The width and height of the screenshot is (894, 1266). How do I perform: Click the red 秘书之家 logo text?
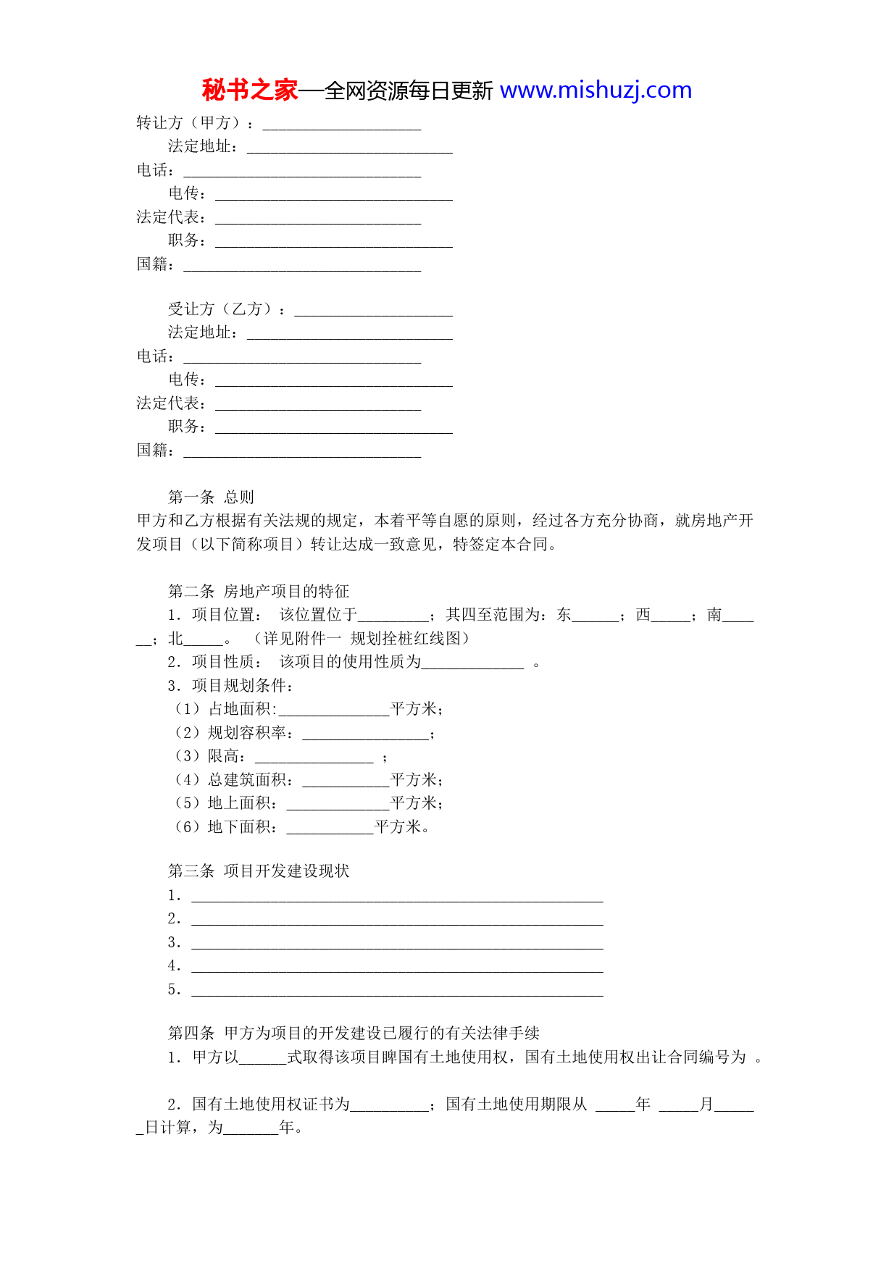point(249,91)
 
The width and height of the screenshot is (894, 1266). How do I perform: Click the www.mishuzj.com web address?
point(596,91)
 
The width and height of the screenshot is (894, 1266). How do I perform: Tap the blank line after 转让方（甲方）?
point(341,125)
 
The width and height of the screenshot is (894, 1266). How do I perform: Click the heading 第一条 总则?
point(211,497)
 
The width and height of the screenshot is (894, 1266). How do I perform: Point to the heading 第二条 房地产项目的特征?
point(259,591)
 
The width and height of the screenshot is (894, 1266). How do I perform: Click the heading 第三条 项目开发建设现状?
point(259,871)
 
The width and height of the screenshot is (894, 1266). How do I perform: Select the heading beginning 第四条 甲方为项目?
point(354,1033)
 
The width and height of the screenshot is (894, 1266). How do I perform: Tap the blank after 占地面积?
point(334,710)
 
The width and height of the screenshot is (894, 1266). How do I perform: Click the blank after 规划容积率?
point(365,734)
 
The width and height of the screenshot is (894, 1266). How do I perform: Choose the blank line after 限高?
point(314,758)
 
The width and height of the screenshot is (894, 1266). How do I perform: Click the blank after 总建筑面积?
point(346,781)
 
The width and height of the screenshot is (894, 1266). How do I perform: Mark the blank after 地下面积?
point(330,829)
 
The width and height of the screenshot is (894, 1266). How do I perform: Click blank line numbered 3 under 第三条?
point(397,944)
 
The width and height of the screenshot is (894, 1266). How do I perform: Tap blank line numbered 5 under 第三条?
point(397,991)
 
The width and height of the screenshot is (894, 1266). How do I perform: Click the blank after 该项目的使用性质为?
point(472,663)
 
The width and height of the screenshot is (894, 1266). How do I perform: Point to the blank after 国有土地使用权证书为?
point(389,1106)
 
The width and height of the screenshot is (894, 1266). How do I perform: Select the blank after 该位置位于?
point(393,616)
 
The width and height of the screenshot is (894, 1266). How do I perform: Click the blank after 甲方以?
point(262,1059)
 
